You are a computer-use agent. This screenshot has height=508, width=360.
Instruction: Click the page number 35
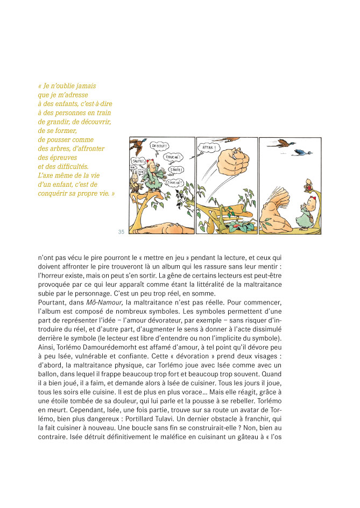tap(121, 232)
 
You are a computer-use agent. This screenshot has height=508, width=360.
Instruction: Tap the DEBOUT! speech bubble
tap(160, 145)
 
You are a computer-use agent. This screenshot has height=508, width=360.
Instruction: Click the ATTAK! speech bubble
tap(209, 147)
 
